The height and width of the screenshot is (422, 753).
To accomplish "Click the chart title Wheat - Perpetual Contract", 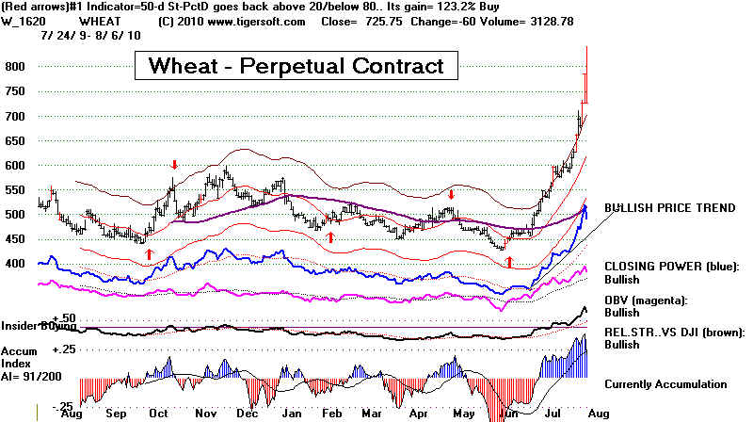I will click(x=296, y=66).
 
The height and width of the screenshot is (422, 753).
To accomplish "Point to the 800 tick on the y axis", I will click(x=13, y=67).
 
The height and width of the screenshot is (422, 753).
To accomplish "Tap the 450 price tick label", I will click(x=13, y=238).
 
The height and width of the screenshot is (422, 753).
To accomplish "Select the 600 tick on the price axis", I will click(x=13, y=165).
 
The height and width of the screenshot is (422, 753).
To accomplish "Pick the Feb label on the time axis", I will click(x=332, y=413).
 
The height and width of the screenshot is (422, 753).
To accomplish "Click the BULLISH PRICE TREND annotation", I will click(x=669, y=207).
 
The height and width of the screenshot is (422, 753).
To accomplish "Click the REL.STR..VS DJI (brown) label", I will click(x=675, y=332).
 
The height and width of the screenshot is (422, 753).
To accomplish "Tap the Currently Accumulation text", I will click(x=665, y=383).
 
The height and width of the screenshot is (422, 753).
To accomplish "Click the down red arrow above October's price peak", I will click(x=174, y=165).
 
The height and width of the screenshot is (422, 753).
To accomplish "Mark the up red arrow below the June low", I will click(x=509, y=259).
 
